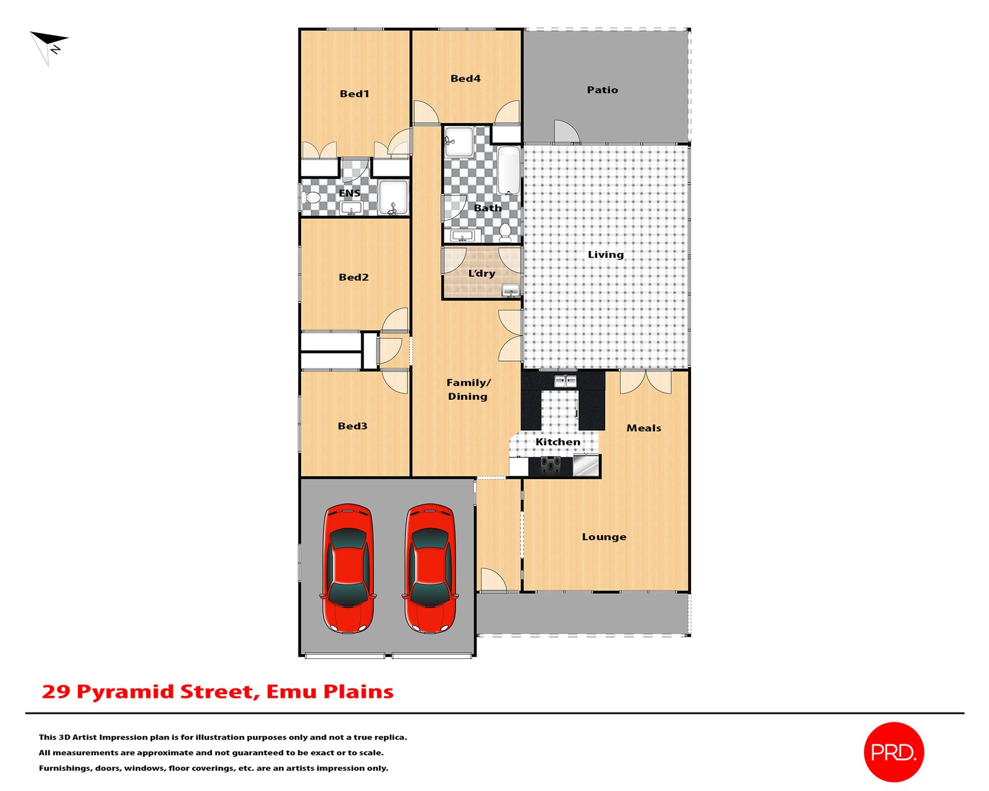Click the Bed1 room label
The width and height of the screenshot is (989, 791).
click(354, 94)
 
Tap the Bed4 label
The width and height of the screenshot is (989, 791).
click(465, 78)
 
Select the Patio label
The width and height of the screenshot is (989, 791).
click(602, 90)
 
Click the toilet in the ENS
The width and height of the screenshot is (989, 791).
click(312, 198)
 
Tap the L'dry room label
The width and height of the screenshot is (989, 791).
click(482, 273)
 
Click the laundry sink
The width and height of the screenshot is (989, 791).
click(511, 290)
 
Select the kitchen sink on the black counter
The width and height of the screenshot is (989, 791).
click(565, 381)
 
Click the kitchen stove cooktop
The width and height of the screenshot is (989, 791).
click(551, 465)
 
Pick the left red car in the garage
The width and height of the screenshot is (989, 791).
click(347, 568)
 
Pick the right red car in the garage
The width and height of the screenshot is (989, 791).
click(431, 568)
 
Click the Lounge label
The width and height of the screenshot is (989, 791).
click(604, 537)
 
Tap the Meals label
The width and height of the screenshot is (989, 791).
click(643, 428)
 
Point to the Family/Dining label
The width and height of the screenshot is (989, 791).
click(468, 389)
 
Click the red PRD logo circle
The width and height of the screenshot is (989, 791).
click(893, 751)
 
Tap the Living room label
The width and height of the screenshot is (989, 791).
click(606, 255)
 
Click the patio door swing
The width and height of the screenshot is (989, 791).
click(566, 131)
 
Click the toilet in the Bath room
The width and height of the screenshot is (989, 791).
click(506, 232)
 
